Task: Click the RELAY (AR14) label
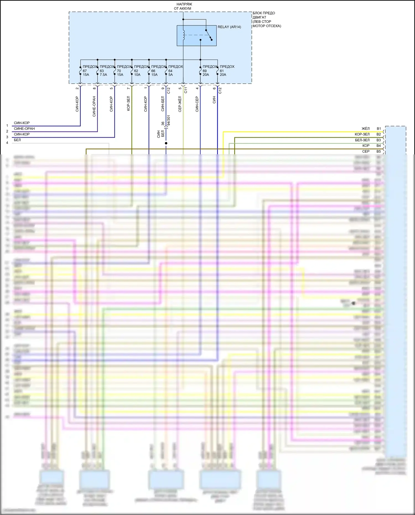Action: click(229, 27)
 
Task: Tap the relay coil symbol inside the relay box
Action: click(183, 35)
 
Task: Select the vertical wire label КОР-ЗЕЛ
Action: click(128, 103)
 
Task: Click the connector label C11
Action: click(186, 90)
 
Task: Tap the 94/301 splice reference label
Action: click(168, 120)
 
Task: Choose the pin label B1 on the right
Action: click(378, 129)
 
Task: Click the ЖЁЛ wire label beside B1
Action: click(365, 129)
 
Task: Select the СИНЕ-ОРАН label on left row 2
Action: click(24, 129)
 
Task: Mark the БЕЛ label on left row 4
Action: click(17, 140)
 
